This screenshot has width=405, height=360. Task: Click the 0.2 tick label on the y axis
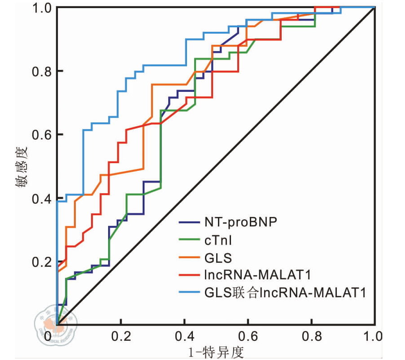41,261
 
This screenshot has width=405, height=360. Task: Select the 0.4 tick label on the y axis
41,198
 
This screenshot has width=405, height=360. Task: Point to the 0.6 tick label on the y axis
41,134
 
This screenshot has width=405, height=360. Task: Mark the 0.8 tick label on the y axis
41,71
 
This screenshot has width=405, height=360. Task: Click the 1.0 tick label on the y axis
41,8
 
